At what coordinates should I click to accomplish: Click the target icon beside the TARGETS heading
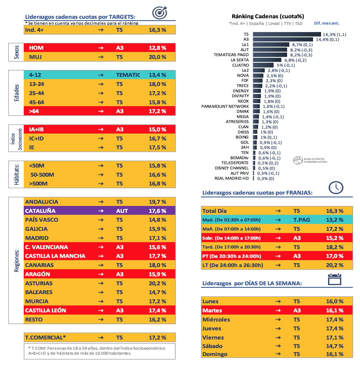(160, 13)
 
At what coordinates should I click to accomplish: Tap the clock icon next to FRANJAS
(336, 188)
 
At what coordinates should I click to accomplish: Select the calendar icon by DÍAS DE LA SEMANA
(335, 279)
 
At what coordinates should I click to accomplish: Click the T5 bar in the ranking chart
(287, 34)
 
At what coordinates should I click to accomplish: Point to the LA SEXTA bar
(267, 60)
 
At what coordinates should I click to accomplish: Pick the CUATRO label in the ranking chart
(240, 65)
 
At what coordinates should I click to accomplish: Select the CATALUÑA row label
(40, 211)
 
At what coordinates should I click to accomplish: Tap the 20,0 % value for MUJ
(157, 57)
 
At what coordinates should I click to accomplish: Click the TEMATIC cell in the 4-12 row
(128, 75)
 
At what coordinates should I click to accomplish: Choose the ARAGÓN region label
(38, 274)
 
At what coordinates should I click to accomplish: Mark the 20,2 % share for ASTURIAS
(157, 283)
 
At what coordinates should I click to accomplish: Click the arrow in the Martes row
(278, 310)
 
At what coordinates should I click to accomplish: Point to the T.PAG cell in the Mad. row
(302, 220)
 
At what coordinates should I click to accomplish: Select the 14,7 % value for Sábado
(335, 346)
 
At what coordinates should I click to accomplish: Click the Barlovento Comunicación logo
(310, 160)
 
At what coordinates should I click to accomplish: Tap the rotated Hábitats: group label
(17, 174)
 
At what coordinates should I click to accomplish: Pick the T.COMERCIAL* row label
(46, 338)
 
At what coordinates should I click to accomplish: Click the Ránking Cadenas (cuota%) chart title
(268, 16)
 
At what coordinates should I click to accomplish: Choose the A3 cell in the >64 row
(120, 111)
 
